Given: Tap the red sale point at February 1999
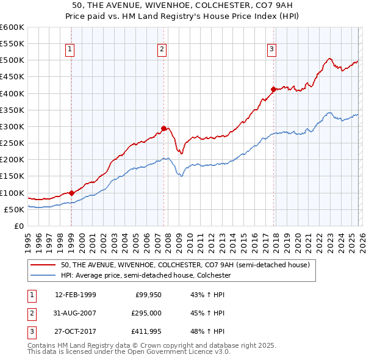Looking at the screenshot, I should coord(71,193).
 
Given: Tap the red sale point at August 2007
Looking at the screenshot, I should coord(163,128).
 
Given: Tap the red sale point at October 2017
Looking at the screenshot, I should coord(273,89).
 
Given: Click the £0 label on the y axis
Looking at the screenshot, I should coord(19,226).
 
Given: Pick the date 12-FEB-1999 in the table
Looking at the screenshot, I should coord(76,295).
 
